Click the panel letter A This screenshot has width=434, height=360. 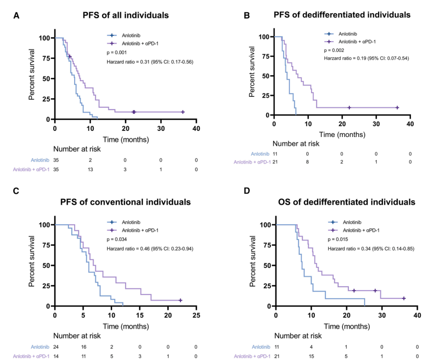[17, 15]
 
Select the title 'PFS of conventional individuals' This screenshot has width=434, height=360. [126, 202]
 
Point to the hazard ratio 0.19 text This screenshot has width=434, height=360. [366, 58]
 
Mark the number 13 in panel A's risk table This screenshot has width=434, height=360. [90, 169]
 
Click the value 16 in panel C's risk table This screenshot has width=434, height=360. [83, 347]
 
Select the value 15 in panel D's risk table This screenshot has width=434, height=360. [311, 356]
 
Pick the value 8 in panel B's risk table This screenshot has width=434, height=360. [307, 163]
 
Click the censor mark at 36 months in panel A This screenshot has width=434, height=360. [182, 112]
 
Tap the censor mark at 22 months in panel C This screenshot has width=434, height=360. [180, 300]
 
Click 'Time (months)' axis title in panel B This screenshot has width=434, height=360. [342, 134]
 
